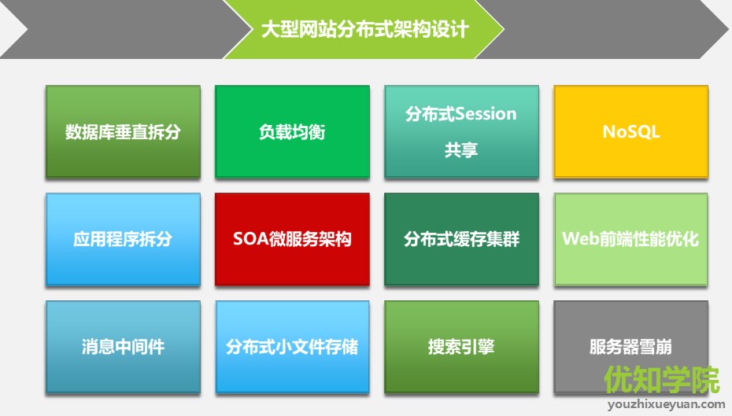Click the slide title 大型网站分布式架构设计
pos(364,30)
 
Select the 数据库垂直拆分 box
pos(123,131)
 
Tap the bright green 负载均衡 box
pos(292,131)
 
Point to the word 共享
pos(461,149)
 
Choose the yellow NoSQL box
pos(630,131)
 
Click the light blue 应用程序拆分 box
pos(123,239)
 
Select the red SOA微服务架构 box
pos(292,239)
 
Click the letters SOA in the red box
pos(248,239)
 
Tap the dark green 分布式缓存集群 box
pos(461,239)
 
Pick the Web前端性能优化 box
pos(630,239)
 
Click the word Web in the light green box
pos(579,239)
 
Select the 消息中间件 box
pos(123,347)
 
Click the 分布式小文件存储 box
pos(292,347)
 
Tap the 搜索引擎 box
pos(461,347)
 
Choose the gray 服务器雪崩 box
pos(630,347)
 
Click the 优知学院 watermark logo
pos(662,380)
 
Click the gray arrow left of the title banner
pos(118,30)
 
